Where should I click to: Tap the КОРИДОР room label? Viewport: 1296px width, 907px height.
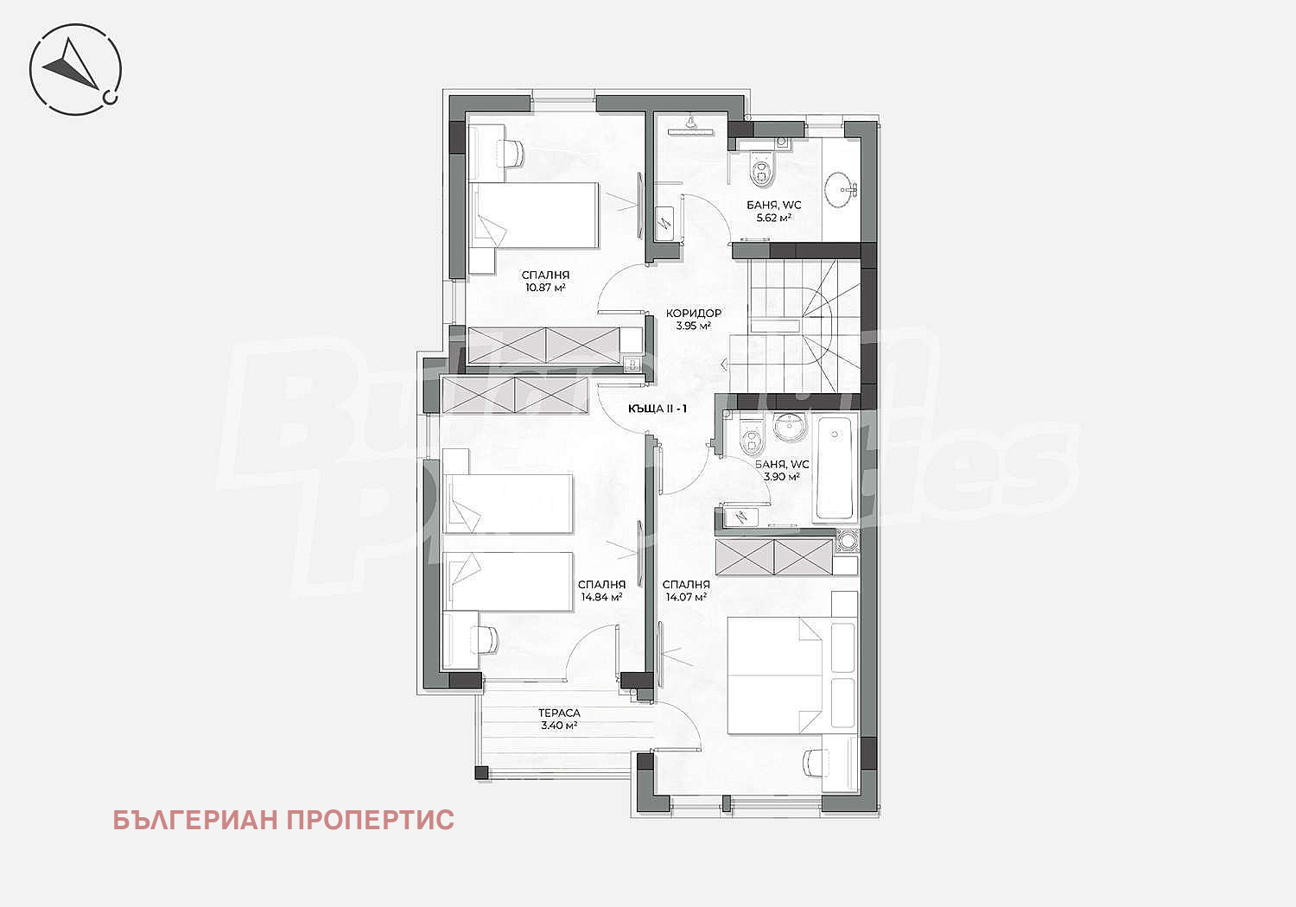click(x=693, y=313)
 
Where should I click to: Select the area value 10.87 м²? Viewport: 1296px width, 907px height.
click(x=545, y=287)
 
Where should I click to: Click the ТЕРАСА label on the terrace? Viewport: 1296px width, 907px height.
click(x=559, y=714)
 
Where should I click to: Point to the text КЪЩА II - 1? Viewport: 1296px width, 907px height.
click(x=658, y=409)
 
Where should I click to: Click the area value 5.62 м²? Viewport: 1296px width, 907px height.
click(x=773, y=218)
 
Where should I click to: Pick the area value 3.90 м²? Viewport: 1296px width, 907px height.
click(x=782, y=477)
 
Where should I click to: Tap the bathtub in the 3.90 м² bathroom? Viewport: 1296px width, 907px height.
click(x=835, y=468)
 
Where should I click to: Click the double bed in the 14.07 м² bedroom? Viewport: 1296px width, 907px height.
click(x=775, y=675)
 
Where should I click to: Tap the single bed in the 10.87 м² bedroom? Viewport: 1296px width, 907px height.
click(x=533, y=216)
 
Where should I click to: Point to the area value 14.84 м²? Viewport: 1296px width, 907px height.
click(x=601, y=597)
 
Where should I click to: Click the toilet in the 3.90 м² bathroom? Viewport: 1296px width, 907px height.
click(x=753, y=439)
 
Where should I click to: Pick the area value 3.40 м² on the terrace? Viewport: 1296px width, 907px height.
click(x=559, y=726)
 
